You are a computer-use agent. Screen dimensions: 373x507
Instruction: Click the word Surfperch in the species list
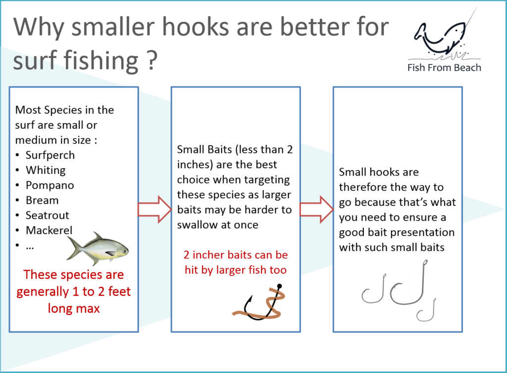(x=50, y=155)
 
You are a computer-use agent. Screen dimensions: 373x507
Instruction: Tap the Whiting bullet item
(x=46, y=170)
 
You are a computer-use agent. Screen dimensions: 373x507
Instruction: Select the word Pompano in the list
(x=50, y=186)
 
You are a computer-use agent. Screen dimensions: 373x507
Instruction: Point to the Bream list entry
(x=42, y=200)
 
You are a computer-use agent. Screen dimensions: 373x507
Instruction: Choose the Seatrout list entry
(x=48, y=216)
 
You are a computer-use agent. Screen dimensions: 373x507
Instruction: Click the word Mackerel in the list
(x=49, y=231)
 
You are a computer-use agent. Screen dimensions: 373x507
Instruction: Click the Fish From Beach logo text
(x=444, y=67)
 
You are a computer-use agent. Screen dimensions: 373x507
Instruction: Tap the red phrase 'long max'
(x=74, y=308)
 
